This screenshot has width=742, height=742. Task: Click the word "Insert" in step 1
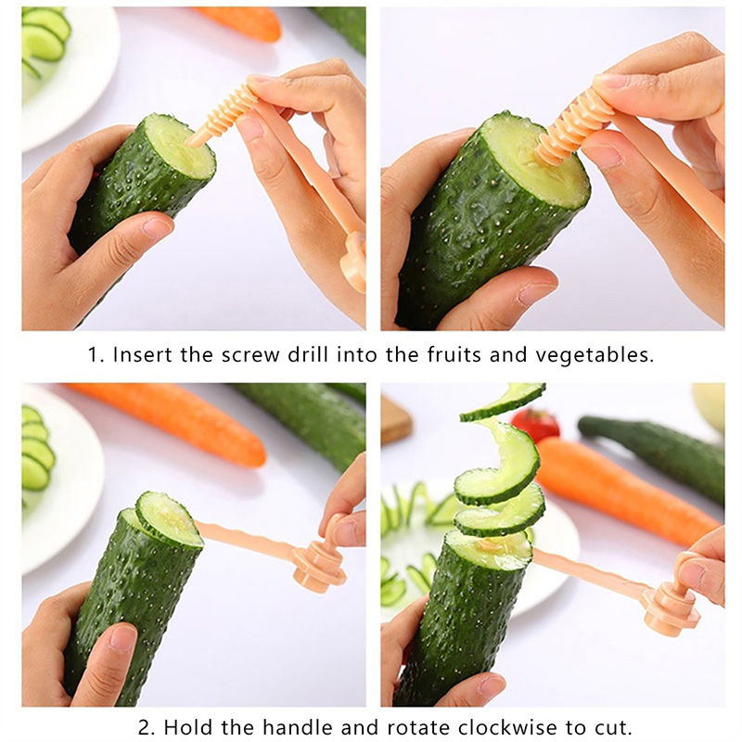click(x=143, y=355)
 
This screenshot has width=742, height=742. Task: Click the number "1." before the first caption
click(x=96, y=355)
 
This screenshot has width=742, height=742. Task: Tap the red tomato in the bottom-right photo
click(x=535, y=425)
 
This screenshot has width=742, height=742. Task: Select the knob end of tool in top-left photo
click(x=353, y=262)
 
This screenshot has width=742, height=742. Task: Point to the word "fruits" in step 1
click(x=454, y=355)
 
